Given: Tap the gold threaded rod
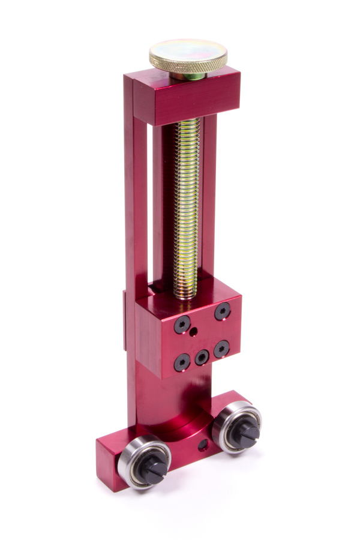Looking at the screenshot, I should tap(188, 204).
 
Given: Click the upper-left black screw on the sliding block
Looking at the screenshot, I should tap(182, 325).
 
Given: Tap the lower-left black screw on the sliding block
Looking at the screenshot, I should tap(182, 362).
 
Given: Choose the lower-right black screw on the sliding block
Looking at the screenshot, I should tap(222, 348).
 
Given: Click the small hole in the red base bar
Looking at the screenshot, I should tap(203, 445).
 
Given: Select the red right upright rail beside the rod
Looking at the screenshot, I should tap(209, 198).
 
